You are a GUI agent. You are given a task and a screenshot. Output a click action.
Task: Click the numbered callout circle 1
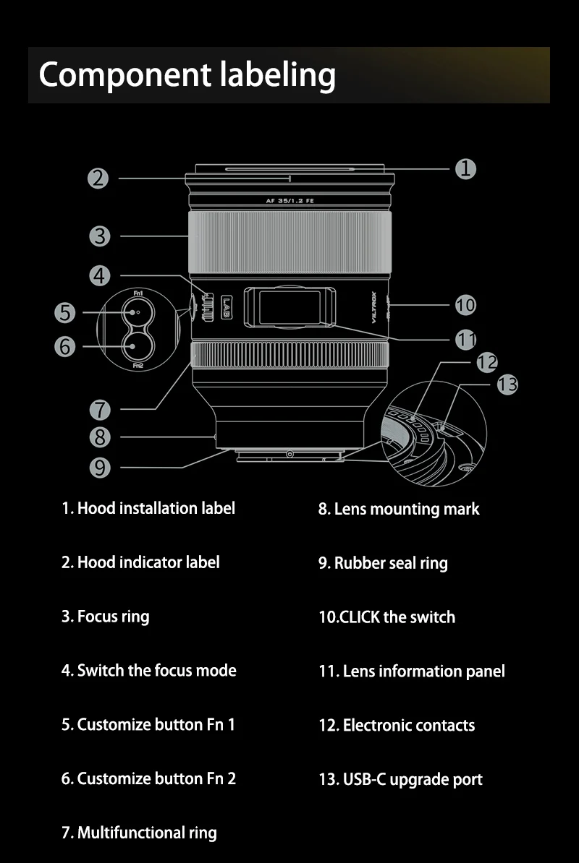tap(465, 168)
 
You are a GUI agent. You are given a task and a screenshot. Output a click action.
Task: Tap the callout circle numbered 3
tap(99, 236)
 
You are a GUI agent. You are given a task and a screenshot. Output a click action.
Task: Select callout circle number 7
tap(99, 410)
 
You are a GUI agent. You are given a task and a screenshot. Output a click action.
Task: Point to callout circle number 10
tap(465, 305)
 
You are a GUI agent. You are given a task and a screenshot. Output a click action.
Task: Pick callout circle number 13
tap(507, 385)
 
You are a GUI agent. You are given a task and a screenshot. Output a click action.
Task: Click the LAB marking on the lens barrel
tap(227, 309)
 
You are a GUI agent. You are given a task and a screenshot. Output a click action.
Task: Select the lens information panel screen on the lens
tap(289, 306)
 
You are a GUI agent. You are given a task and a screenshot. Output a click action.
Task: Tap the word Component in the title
tap(117, 75)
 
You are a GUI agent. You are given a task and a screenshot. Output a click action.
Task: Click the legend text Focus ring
tap(105, 617)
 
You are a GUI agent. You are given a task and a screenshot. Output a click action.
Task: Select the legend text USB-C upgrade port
tap(400, 779)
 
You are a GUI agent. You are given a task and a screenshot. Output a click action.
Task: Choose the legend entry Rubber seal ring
tap(383, 563)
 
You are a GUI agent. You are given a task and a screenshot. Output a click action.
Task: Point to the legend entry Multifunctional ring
tap(139, 833)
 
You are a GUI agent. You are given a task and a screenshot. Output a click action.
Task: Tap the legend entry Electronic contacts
tap(397, 725)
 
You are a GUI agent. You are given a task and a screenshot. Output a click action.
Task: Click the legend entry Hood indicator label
tap(140, 562)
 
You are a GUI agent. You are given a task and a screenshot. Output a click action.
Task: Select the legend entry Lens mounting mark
tap(399, 509)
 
